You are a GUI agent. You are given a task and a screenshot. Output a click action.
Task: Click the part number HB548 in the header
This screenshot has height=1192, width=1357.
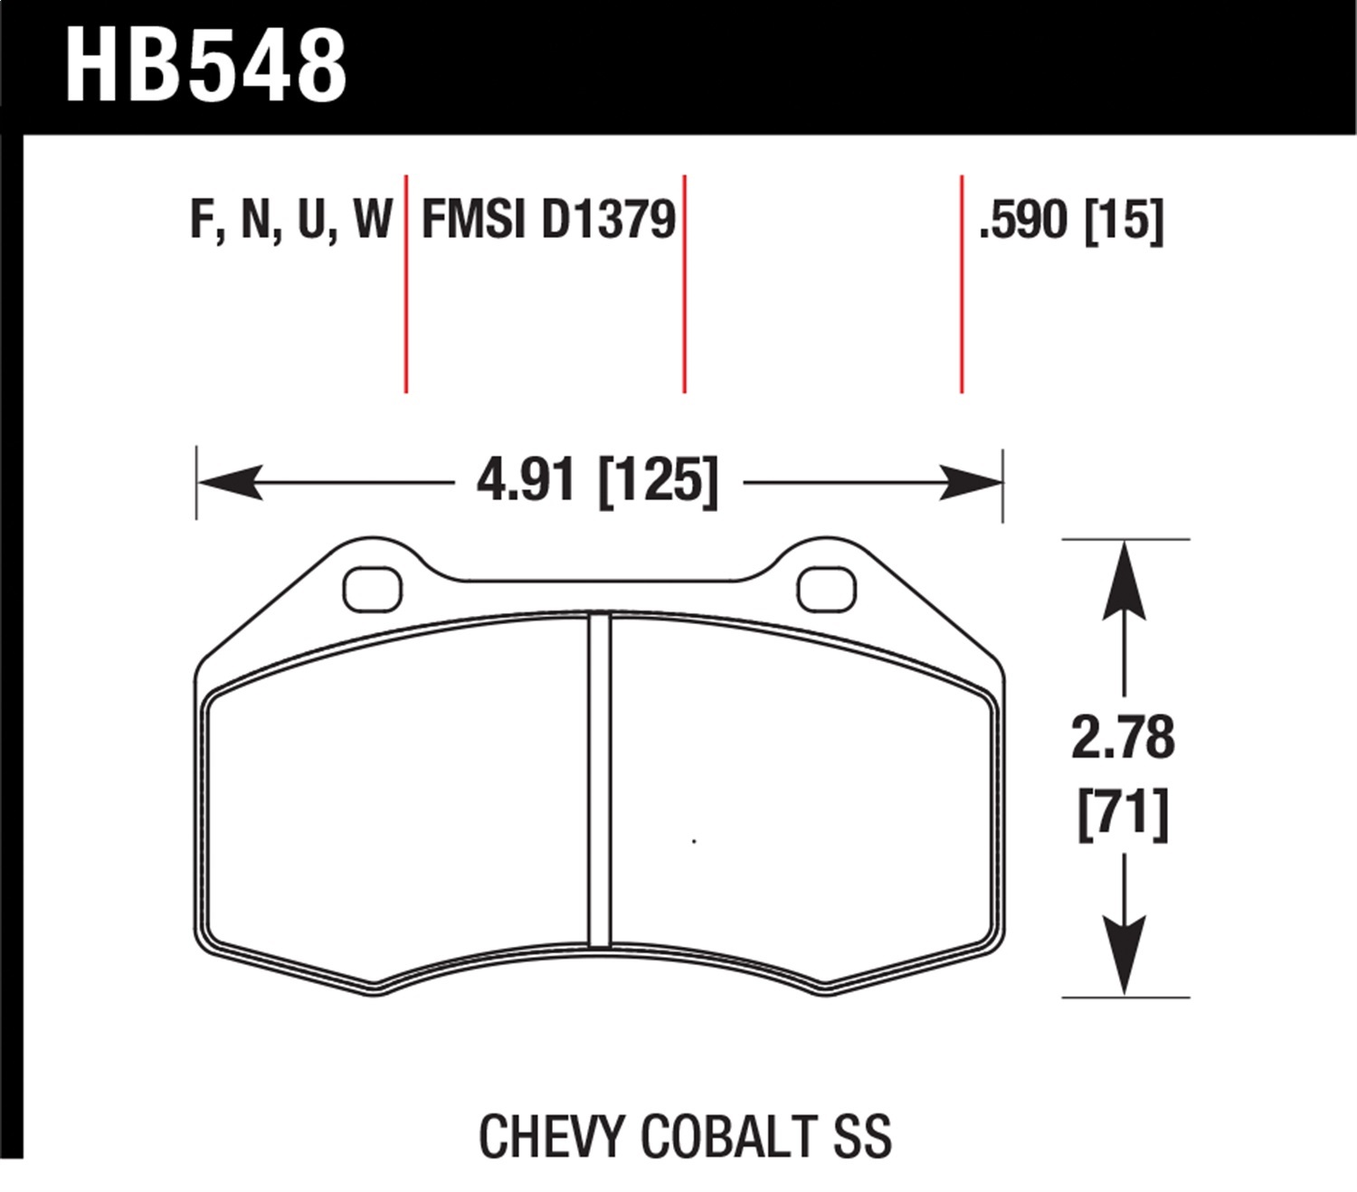click(206, 66)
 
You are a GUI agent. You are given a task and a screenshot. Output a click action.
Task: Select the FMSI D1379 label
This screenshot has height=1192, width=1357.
click(548, 220)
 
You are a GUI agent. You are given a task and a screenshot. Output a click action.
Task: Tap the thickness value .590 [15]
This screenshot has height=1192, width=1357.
click(1071, 220)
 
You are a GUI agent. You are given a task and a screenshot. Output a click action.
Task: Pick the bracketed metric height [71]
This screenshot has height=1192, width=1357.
click(1123, 813)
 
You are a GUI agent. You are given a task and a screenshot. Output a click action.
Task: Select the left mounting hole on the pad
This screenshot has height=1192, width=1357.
click(372, 590)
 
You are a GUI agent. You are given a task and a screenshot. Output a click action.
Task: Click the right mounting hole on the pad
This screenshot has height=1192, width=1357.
click(826, 590)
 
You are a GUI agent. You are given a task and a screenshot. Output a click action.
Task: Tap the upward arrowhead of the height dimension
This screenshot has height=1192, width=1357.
click(1123, 579)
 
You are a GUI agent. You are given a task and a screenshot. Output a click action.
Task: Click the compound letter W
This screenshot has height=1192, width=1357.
click(373, 220)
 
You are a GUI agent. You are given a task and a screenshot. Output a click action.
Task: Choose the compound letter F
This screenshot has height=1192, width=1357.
click(201, 220)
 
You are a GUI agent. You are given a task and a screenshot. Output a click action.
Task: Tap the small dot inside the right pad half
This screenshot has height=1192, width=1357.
click(694, 842)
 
